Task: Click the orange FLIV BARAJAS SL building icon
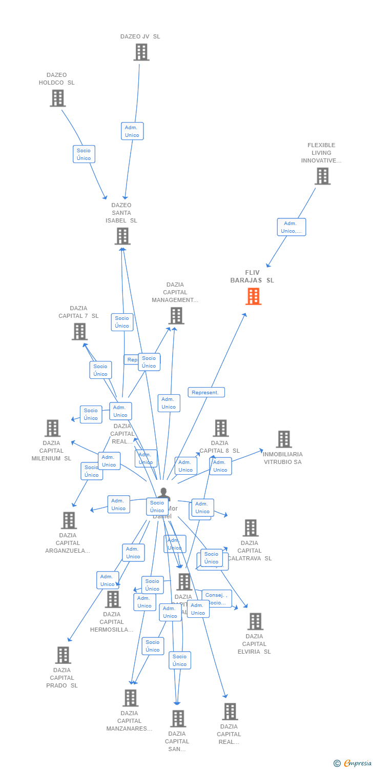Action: pos(253,296)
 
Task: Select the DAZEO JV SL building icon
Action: pos(141,52)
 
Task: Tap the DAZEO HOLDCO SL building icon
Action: pos(57,98)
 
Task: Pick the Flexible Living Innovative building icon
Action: pos(322,176)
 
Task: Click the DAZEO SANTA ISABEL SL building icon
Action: pos(122,236)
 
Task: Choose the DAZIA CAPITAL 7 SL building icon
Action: pos(79,332)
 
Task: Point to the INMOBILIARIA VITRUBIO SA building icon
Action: pos(283,439)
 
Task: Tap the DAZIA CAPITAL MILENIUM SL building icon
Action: pos(52,428)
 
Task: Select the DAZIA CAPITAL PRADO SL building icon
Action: pos(63,655)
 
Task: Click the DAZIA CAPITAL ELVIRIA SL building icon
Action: pos(255,621)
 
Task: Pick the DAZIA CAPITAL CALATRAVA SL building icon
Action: pos(250,528)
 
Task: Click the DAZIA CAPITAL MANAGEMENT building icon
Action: pos(176,316)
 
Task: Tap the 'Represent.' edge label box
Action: pos(206,393)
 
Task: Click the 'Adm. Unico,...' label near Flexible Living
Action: pos(291,227)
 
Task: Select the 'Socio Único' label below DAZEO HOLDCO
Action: pos(84,154)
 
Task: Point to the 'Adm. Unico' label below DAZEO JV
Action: pos(132,131)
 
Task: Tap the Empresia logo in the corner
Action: pos(353,763)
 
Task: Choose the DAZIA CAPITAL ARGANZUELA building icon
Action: pos(68,520)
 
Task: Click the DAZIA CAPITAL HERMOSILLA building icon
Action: pos(112,599)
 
